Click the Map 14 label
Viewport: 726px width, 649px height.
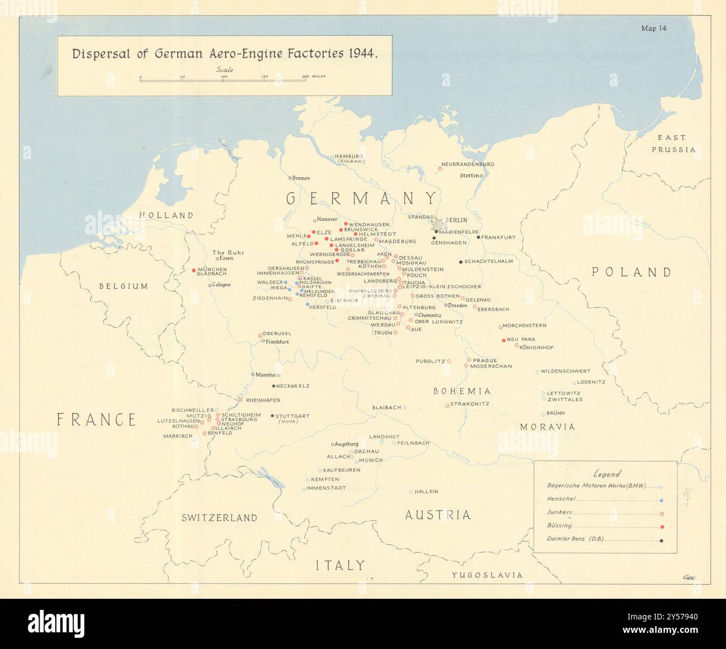pyautogui.click(x=653, y=28)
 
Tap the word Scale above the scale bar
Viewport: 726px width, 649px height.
pyautogui.click(x=225, y=70)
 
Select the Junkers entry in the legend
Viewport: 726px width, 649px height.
pyautogui.click(x=560, y=512)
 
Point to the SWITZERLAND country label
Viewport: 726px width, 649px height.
pyautogui.click(x=219, y=518)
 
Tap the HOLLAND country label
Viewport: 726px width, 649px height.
pyautogui.click(x=166, y=215)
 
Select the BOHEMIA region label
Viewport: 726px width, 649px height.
pyautogui.click(x=462, y=391)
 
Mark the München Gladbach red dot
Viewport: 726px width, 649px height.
pyautogui.click(x=194, y=270)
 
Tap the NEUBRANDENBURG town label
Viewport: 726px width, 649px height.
pyautogui.click(x=467, y=164)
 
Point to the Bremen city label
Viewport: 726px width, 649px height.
pyautogui.click(x=300, y=178)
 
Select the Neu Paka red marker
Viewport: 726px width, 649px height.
pyautogui.click(x=504, y=340)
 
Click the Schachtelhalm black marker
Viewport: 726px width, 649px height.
pyautogui.click(x=461, y=262)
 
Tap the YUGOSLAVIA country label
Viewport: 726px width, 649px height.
pyautogui.click(x=487, y=575)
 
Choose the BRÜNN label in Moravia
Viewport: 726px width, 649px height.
pyautogui.click(x=556, y=413)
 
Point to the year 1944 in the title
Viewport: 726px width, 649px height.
pyautogui.click(x=362, y=54)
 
